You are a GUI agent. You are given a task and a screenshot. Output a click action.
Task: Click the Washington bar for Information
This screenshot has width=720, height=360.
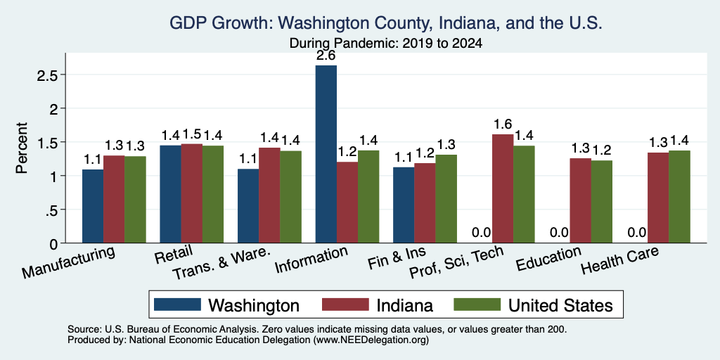click(326, 154)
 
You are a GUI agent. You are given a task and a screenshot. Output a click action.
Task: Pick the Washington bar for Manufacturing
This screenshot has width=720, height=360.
click(93, 206)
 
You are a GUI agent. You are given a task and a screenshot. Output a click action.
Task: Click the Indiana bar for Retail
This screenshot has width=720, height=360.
click(191, 193)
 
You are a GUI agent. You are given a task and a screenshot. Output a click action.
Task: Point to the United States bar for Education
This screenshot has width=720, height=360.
click(602, 202)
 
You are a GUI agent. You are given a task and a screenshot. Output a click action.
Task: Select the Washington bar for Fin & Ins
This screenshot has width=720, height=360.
click(404, 205)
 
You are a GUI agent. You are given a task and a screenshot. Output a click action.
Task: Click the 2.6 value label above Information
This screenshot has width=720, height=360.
click(326, 56)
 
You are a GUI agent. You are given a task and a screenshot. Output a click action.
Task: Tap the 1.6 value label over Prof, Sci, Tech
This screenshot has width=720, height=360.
click(503, 124)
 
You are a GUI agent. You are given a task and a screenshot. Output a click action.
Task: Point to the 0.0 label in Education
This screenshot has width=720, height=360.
click(559, 232)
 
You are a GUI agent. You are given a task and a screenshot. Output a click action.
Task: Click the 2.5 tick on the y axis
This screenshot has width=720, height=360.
click(47, 75)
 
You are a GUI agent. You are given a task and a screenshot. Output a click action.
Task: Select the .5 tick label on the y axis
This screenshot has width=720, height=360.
click(51, 210)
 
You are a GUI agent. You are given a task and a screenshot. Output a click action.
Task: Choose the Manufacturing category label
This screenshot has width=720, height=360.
click(68, 262)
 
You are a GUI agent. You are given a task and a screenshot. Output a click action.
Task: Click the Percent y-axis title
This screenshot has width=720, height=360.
click(22, 148)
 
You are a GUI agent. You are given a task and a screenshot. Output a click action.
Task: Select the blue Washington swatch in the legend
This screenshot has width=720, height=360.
click(177, 304)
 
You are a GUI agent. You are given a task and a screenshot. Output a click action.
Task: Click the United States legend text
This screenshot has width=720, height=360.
click(560, 305)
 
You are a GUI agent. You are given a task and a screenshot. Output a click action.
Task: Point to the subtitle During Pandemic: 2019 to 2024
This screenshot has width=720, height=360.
click(386, 44)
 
